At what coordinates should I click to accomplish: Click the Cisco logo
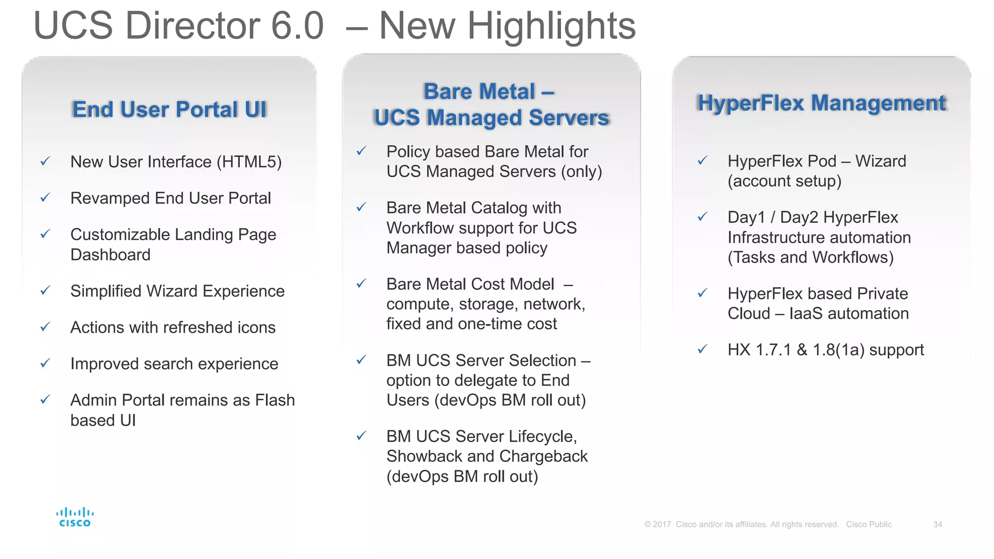coord(75,517)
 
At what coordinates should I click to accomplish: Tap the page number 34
coord(937,525)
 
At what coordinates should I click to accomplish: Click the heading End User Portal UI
coord(169,110)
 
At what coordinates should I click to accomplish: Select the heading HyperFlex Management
coord(821,103)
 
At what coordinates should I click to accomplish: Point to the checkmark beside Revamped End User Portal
coord(45,197)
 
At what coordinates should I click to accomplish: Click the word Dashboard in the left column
coord(110,255)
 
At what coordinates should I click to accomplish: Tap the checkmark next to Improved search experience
coord(45,363)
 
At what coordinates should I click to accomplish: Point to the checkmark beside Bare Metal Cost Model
coord(361,283)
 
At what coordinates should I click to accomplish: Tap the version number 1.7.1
coord(774,350)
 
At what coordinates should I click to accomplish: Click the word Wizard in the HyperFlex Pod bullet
coord(880,161)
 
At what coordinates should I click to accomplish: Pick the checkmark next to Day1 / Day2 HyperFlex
coord(702,216)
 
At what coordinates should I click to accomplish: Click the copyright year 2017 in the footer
coord(662,525)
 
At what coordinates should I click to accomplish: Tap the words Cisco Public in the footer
coord(869,525)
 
